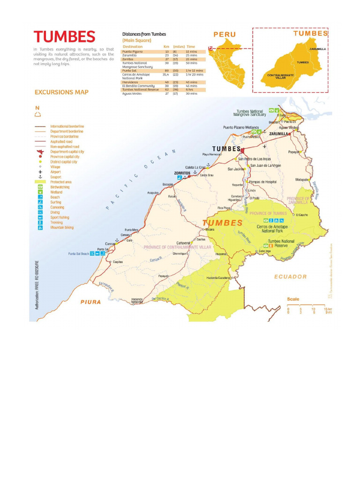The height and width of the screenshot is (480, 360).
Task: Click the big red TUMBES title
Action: point(64,37)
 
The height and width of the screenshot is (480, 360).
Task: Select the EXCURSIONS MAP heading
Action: point(61,92)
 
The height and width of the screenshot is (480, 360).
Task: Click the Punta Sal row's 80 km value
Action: point(166,71)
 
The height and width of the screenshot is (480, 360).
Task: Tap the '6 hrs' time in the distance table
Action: point(189,90)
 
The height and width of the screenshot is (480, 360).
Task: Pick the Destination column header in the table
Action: point(133,47)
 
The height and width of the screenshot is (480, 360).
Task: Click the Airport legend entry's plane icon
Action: point(40,172)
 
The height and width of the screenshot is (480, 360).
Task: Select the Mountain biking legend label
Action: point(62,227)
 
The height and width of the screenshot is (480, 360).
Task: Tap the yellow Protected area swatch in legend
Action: point(40,182)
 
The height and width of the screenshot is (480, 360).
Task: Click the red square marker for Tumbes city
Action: point(242,150)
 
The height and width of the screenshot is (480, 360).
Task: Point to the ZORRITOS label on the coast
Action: point(182,173)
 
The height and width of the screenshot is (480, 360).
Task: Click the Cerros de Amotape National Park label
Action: point(272,229)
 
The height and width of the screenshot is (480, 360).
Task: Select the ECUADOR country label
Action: point(290,277)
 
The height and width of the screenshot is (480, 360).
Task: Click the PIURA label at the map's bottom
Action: point(90,302)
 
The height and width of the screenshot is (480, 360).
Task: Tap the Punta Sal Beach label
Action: point(78,254)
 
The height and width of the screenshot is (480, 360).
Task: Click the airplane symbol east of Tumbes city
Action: point(264,146)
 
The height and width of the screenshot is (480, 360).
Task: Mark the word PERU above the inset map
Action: point(225,35)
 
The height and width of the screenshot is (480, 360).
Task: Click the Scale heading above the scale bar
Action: point(293,299)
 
